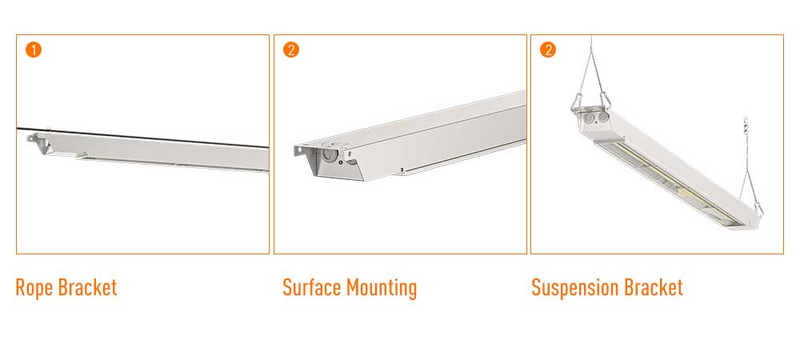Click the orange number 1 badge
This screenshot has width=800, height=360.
(33, 50)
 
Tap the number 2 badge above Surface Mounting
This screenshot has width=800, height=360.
(291, 50)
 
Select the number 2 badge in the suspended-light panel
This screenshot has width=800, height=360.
(548, 50)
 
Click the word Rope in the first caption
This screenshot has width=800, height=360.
(34, 288)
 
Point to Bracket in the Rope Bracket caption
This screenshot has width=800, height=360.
(88, 287)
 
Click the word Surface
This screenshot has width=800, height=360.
(312, 287)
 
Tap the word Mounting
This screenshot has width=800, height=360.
(382, 289)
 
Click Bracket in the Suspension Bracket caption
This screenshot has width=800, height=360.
(654, 287)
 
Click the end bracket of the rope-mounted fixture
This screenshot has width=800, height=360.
(38, 142)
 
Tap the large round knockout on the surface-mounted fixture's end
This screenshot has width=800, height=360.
(328, 154)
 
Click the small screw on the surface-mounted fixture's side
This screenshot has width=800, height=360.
(402, 169)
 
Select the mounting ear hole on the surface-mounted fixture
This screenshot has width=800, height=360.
(298, 150)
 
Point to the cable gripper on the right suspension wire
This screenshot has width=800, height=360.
(746, 124)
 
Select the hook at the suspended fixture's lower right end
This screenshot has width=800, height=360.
(758, 209)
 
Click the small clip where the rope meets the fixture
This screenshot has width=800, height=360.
(49, 131)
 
